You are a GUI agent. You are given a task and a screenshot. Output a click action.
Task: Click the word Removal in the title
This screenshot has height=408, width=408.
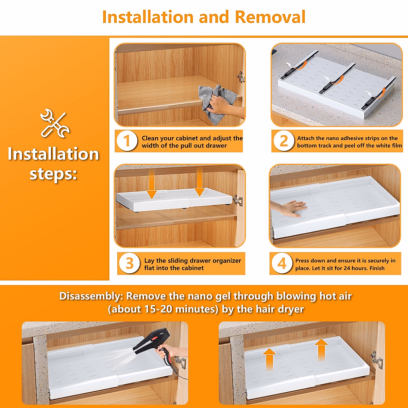click(270, 17)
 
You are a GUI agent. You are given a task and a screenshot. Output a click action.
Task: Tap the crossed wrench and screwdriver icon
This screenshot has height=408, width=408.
click(55, 123)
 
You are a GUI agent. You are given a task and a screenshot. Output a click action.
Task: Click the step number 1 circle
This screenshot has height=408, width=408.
click(127, 141)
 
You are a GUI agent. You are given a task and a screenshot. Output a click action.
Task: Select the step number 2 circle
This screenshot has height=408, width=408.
click(284, 141)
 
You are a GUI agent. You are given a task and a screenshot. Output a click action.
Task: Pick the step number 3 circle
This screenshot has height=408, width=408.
click(129, 263)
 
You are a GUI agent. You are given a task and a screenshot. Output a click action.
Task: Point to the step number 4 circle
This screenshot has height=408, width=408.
click(282, 263)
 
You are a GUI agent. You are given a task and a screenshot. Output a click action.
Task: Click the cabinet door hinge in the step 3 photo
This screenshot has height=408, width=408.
click(238, 200)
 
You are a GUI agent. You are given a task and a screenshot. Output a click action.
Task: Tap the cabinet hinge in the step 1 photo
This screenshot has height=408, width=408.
click(240, 76)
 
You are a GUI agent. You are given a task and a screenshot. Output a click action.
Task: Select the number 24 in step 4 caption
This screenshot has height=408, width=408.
click(347, 268)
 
